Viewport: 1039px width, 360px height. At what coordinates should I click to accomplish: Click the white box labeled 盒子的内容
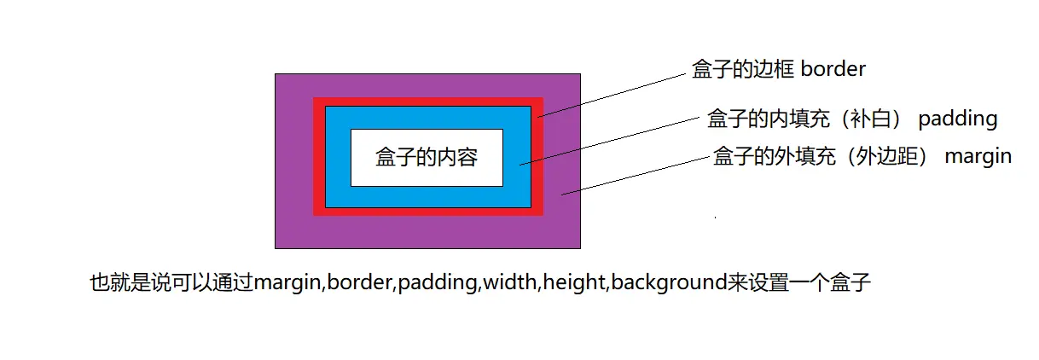tap(427, 158)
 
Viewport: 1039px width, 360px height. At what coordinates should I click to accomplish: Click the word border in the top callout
tap(833, 70)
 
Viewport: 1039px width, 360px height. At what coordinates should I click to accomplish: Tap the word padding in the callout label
tap(958, 118)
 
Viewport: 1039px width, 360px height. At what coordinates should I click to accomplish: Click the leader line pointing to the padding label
tap(610, 139)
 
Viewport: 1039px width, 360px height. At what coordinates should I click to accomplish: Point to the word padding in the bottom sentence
tap(438, 282)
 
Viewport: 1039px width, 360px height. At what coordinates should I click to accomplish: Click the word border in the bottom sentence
tap(359, 282)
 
